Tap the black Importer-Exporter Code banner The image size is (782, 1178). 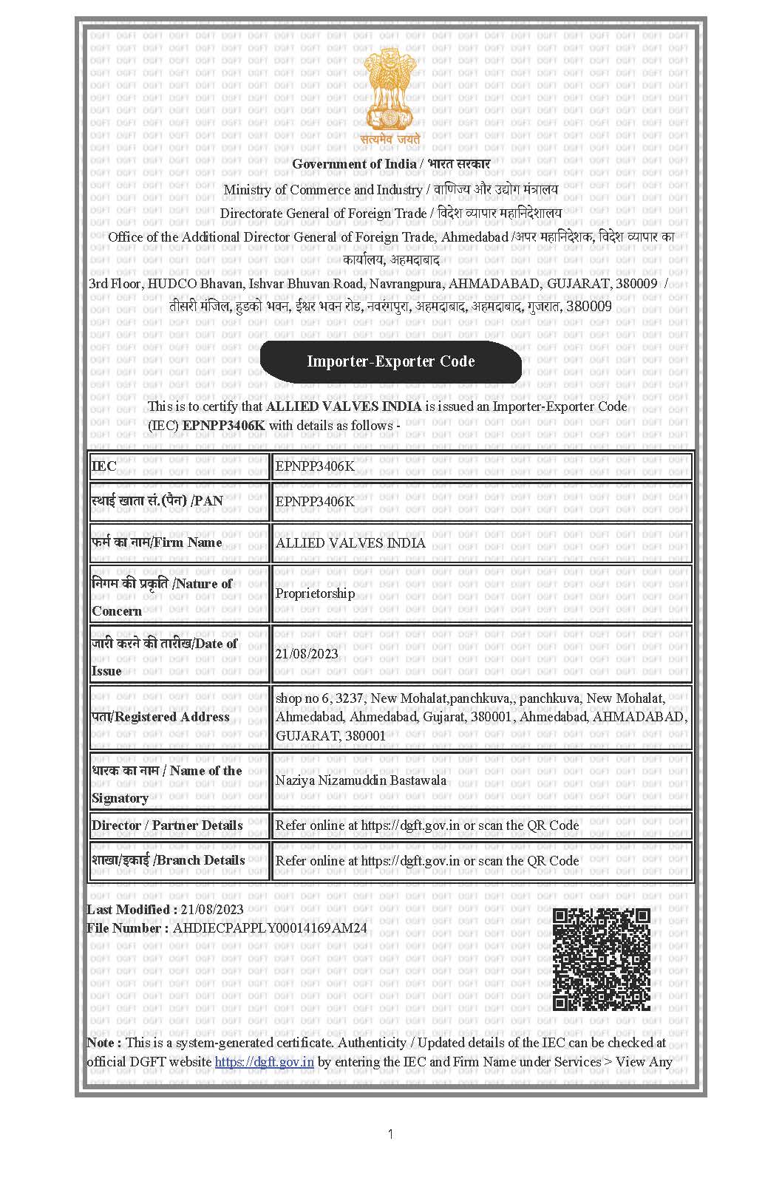pos(390,361)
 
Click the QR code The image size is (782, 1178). pos(601,959)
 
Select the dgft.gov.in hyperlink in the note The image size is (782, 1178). pos(264,1062)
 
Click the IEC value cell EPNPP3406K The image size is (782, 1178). pos(315,466)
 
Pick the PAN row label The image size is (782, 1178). pos(157,501)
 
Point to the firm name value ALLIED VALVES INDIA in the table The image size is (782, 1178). pos(350,542)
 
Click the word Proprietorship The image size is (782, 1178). pos(315,593)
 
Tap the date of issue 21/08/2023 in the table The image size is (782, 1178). pos(307,653)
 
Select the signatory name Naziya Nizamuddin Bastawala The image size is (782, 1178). pos(361,780)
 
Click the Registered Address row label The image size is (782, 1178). pos(160,717)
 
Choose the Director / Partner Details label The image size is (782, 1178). pos(167,825)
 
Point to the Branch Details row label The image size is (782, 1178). pos(168,860)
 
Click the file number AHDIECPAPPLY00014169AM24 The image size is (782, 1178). pos(269,928)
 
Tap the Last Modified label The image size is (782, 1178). pos(132,910)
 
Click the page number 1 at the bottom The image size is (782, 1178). pos(390,1134)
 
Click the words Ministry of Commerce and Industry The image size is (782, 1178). pos(322,190)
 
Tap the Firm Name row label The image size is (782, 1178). pos(157,542)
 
